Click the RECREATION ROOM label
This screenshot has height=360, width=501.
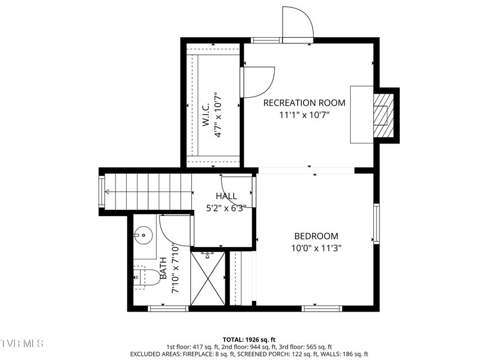[x=304, y=103]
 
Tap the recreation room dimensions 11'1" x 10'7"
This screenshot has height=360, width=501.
[x=304, y=115]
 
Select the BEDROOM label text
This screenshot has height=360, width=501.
[x=316, y=236]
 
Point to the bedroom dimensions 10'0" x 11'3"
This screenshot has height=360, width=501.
[x=316, y=247]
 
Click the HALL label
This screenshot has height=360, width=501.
[x=226, y=196]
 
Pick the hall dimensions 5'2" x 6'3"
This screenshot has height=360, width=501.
[x=226, y=207]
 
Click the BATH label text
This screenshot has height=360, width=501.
[x=163, y=268]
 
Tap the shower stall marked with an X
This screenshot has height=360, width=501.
[x=207, y=278]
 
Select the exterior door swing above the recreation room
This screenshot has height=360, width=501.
[x=297, y=22]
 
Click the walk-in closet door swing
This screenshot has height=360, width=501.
[x=257, y=82]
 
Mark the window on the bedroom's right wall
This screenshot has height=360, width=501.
[x=376, y=224]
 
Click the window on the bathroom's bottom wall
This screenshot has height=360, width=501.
[x=168, y=308]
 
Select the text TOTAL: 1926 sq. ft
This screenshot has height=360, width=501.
[x=249, y=339]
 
